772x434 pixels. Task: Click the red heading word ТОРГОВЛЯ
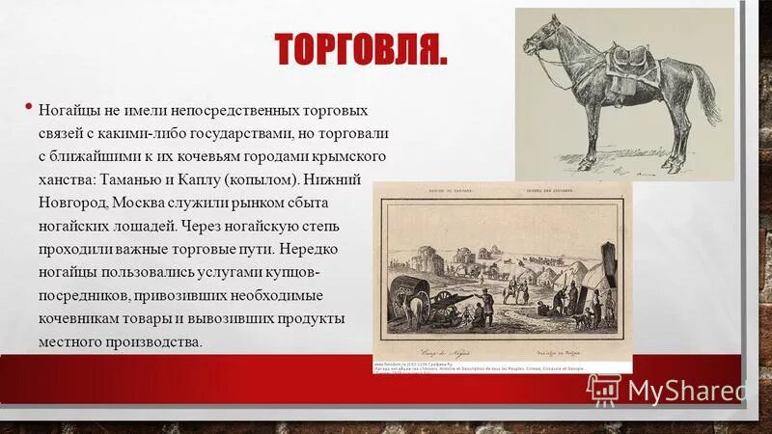point(361,49)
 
